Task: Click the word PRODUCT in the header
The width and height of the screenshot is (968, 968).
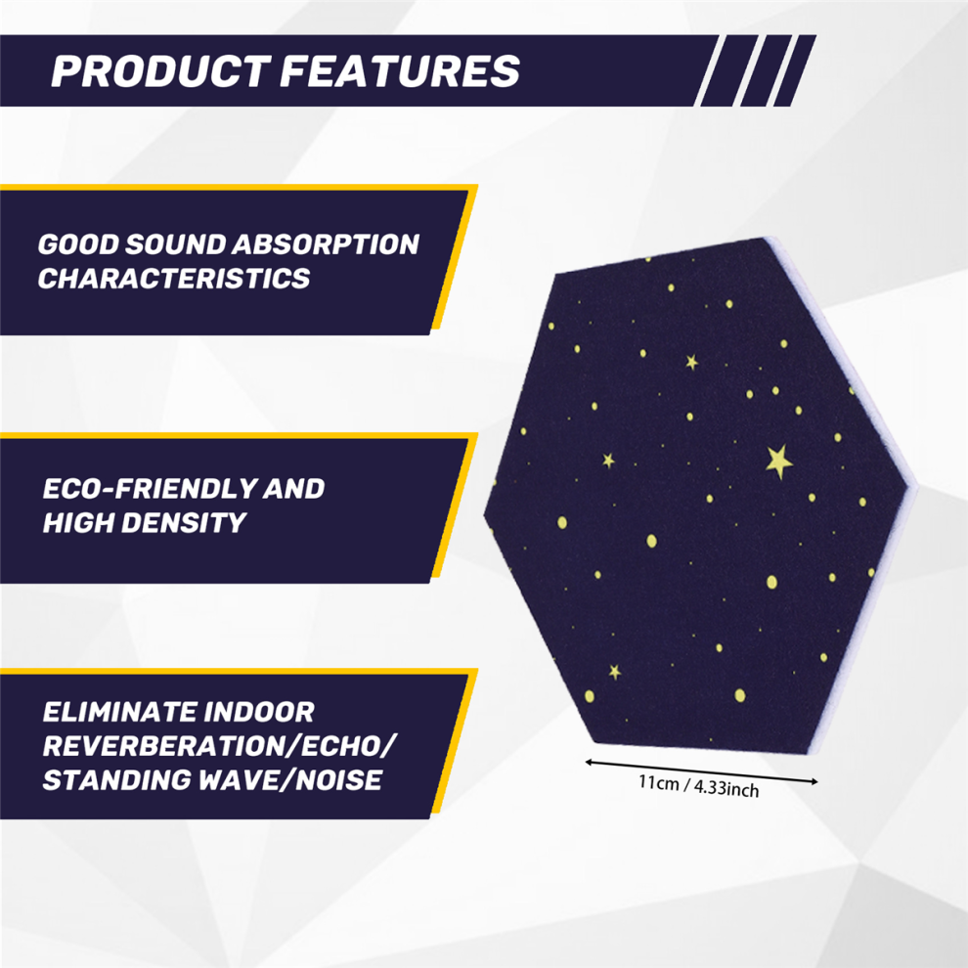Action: (160, 71)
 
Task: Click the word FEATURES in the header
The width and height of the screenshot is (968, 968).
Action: (400, 71)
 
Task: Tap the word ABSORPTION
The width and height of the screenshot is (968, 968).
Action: (327, 244)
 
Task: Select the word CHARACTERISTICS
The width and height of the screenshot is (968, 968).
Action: (173, 279)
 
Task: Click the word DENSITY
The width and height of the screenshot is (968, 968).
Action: (184, 523)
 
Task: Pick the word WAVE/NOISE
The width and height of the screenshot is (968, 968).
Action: (290, 780)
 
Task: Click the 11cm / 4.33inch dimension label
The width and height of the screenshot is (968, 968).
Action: (698, 786)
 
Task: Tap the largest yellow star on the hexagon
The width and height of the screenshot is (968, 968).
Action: (779, 462)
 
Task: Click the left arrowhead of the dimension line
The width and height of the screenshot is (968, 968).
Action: (589, 763)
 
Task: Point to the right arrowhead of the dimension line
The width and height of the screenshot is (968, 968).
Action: (814, 781)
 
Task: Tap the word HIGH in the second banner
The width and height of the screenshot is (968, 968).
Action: (78, 523)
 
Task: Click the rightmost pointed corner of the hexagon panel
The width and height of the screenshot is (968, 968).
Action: (915, 488)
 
